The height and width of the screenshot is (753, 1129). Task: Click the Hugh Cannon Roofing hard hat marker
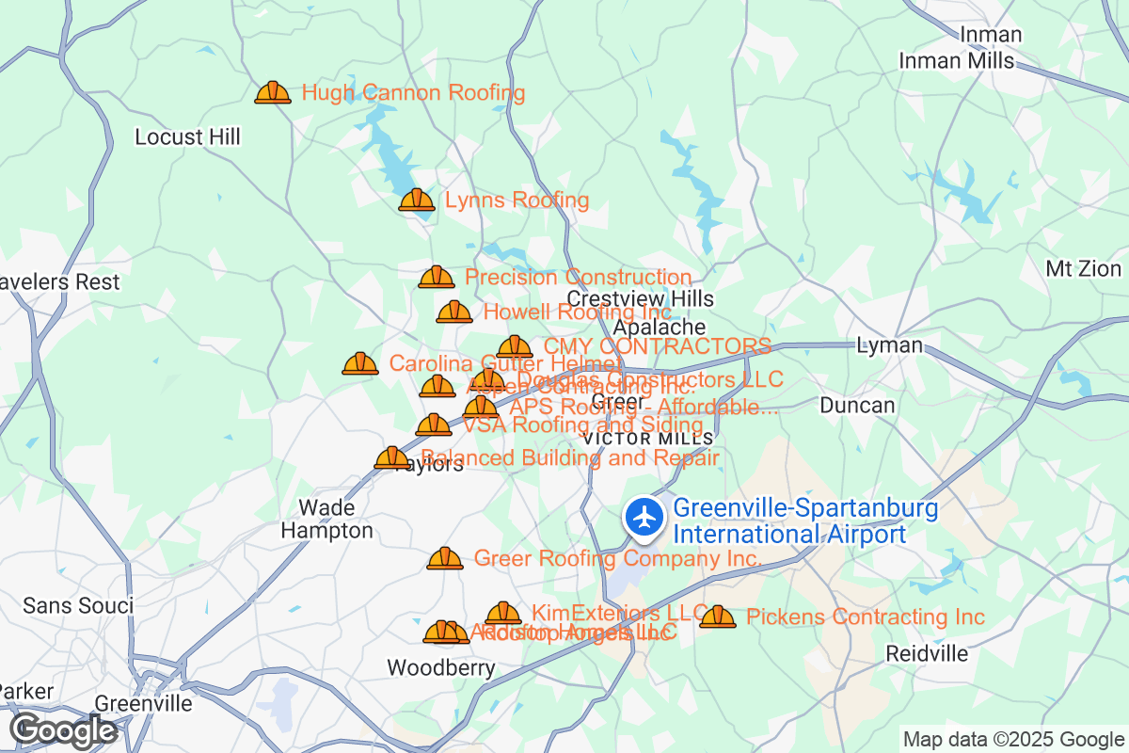pyautogui.click(x=273, y=92)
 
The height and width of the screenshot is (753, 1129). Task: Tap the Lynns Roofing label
pyautogui.click(x=517, y=200)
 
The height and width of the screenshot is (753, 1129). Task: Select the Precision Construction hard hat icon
pyautogui.click(x=436, y=277)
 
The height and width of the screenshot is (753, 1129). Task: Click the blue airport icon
pyautogui.click(x=644, y=518)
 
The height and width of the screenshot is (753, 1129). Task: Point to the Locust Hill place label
pyautogui.click(x=187, y=137)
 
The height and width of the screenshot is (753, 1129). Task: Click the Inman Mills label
pyautogui.click(x=957, y=61)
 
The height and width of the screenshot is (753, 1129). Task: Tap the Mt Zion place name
pyautogui.click(x=1083, y=269)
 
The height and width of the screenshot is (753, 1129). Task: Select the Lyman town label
pyautogui.click(x=889, y=345)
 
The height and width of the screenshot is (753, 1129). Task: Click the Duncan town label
pyautogui.click(x=857, y=406)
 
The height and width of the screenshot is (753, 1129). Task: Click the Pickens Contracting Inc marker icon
pyautogui.click(x=718, y=617)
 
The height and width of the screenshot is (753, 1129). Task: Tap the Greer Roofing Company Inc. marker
pyautogui.click(x=445, y=559)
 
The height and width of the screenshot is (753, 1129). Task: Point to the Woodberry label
pyautogui.click(x=441, y=667)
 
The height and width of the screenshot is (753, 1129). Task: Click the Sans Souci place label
pyautogui.click(x=78, y=605)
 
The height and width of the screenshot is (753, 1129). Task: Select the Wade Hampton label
pyautogui.click(x=326, y=520)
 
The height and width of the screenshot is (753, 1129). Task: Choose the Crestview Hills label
pyautogui.click(x=640, y=298)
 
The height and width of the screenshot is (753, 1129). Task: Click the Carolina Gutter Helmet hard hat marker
pyautogui.click(x=359, y=363)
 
